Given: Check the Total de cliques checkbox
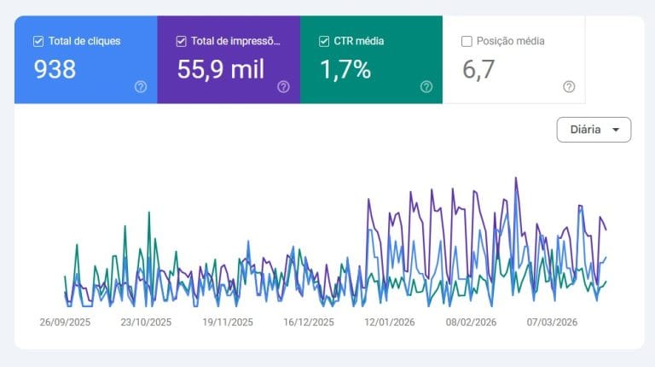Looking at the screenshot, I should pos(38,41).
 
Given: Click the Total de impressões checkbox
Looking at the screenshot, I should pos(181,41).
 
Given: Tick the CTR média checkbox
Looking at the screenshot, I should pos(323,41).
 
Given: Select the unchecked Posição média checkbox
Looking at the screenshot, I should pos(467,41).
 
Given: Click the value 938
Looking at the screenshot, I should pos(55,70).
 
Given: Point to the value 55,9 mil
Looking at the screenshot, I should pos(221,70).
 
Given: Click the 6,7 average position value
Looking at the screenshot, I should pos(478,70).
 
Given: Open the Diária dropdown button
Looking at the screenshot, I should pos(594,130).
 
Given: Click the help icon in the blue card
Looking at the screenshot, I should pos(141,86).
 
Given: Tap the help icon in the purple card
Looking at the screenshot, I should pos(283,86).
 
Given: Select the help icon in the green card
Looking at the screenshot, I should pos(426,86).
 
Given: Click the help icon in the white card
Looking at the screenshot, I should pos(569,86).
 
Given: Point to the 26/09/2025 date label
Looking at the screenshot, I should pos(65,323).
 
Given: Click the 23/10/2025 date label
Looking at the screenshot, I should pos(146,323).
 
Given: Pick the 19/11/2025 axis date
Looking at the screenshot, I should pos(228,323).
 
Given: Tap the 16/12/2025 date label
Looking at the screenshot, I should pos(309,323).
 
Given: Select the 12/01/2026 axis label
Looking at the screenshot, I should pos(390,323).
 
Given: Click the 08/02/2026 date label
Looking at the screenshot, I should pos(471,323).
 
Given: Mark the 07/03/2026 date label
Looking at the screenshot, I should pos(552,323).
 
